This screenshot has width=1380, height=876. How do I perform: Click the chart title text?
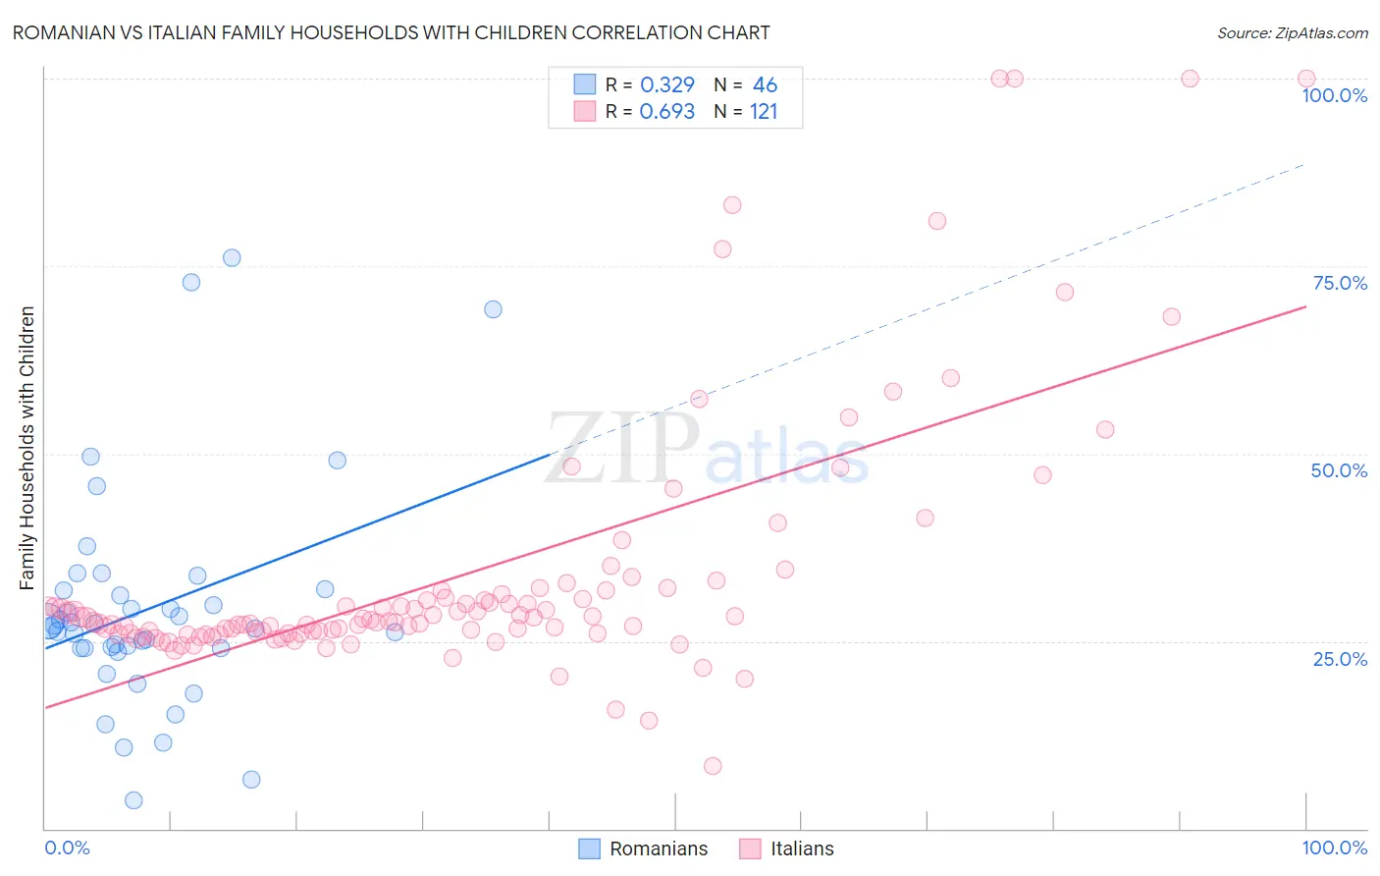click(x=391, y=32)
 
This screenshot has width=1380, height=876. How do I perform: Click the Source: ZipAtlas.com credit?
click(x=1292, y=32)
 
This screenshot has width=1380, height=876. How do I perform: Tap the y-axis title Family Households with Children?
click(x=27, y=448)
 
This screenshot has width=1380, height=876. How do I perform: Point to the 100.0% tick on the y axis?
click(x=1334, y=95)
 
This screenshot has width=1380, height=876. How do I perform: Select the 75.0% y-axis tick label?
click(x=1340, y=283)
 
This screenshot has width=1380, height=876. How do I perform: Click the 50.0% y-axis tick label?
click(x=1339, y=470)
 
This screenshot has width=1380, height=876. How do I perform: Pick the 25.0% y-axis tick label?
click(x=1340, y=658)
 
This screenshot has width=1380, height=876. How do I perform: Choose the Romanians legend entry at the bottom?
click(x=643, y=849)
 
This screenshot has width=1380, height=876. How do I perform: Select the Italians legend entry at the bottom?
click(x=786, y=849)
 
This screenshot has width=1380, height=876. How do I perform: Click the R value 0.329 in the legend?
click(x=667, y=85)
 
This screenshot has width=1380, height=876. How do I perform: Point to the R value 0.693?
click(x=667, y=112)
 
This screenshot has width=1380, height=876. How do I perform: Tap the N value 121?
click(x=764, y=112)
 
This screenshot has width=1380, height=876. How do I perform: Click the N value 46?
click(x=765, y=85)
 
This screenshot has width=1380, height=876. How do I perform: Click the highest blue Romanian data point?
click(x=232, y=258)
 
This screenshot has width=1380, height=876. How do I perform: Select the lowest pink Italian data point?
click(x=713, y=766)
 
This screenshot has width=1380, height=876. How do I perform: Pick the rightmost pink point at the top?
click(x=1306, y=79)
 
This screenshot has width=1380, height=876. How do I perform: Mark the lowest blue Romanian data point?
click(x=133, y=800)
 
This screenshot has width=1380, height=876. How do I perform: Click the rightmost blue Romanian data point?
click(x=493, y=309)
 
